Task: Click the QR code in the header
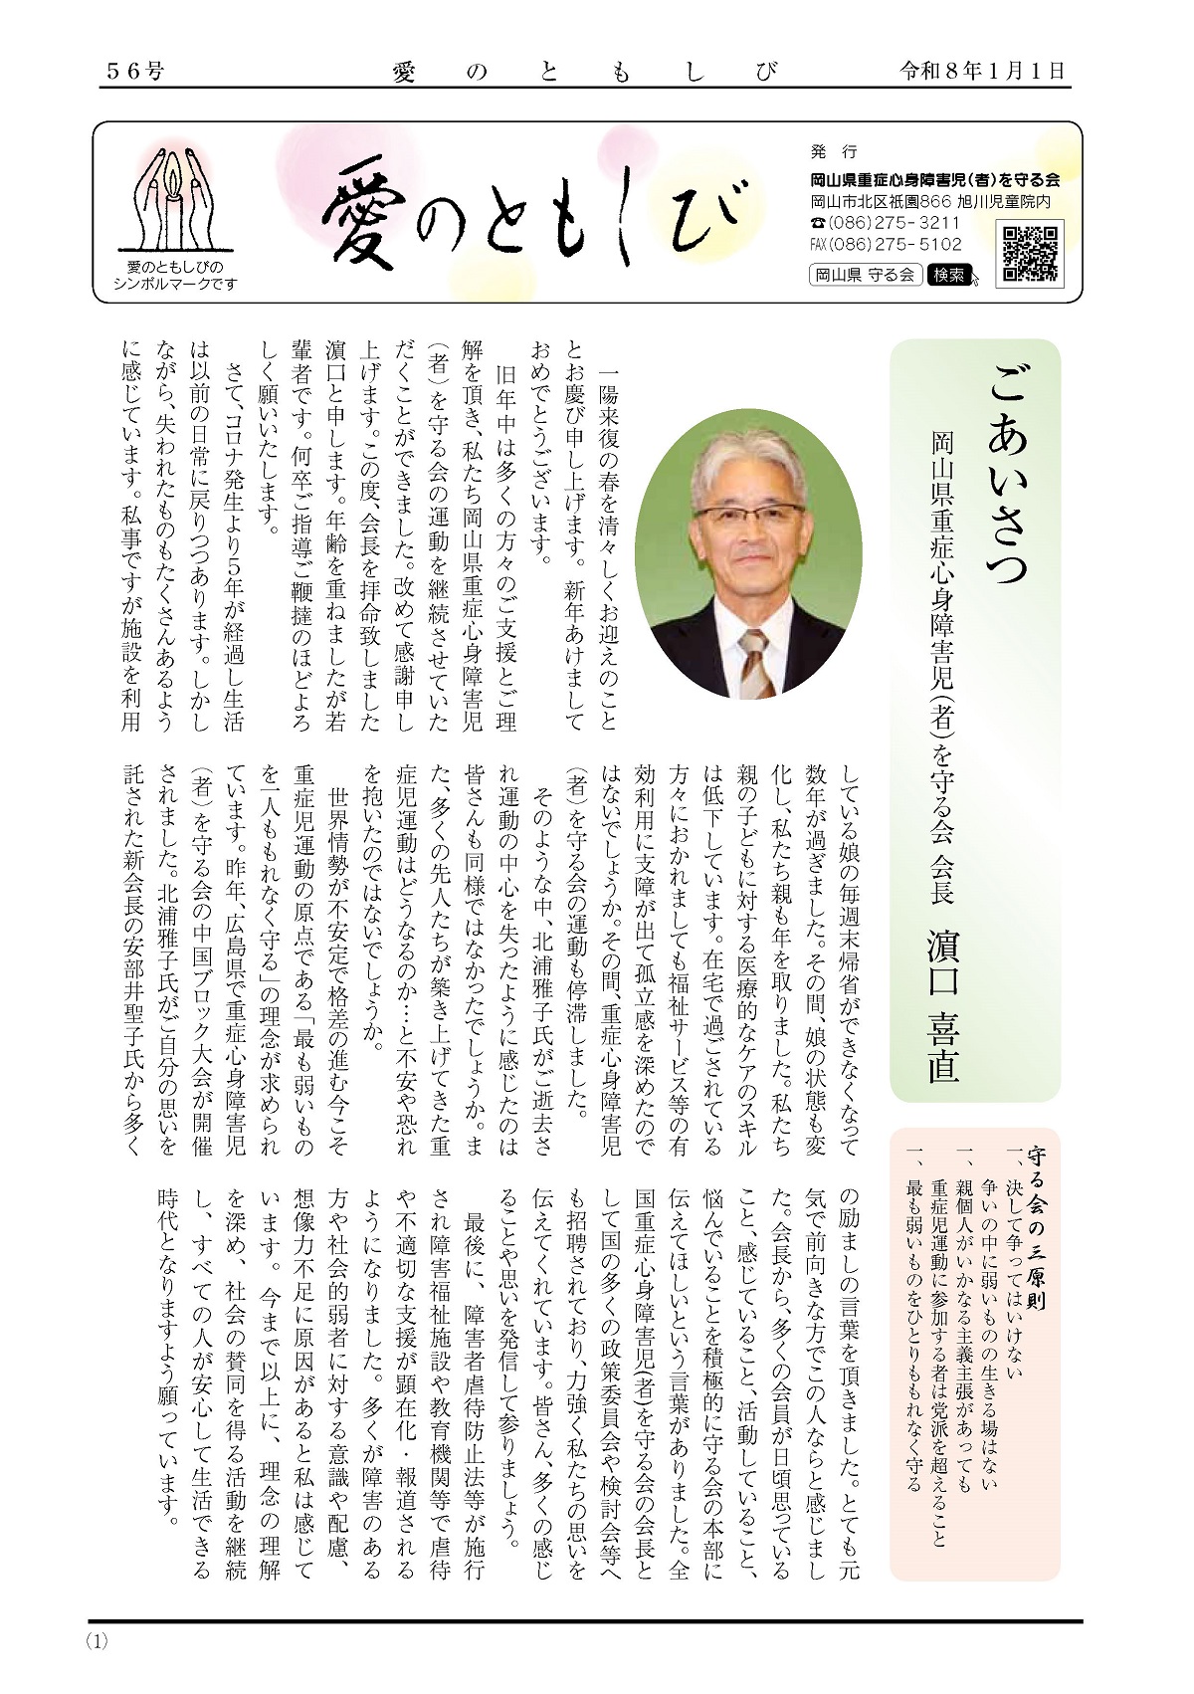tap(1030, 252)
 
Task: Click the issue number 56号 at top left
tap(135, 71)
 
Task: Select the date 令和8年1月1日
tap(981, 71)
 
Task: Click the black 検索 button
tap(948, 275)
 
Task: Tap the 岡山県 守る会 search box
tap(864, 275)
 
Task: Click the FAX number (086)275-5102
tap(886, 244)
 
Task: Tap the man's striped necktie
tap(754, 662)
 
